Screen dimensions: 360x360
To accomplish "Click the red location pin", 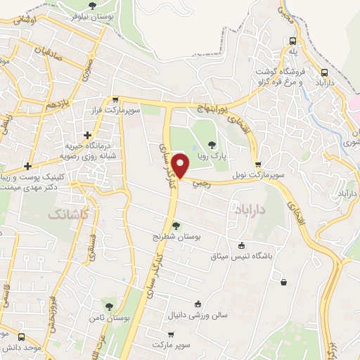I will pos(181,167).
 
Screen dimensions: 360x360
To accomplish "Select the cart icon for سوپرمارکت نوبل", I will pos(259,164).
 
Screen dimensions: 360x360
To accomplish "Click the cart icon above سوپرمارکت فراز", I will pos(115,100).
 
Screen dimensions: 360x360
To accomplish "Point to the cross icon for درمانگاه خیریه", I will pos(87,135).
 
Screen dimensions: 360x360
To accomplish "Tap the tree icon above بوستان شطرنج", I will pos(176,225).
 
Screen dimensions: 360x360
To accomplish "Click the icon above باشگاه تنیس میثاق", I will pos(242,245).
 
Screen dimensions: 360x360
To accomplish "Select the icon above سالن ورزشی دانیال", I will pos(198,304).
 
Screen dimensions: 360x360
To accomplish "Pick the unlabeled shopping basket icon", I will pos(283,283).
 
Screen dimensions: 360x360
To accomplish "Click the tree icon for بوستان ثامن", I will pos(108,306).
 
